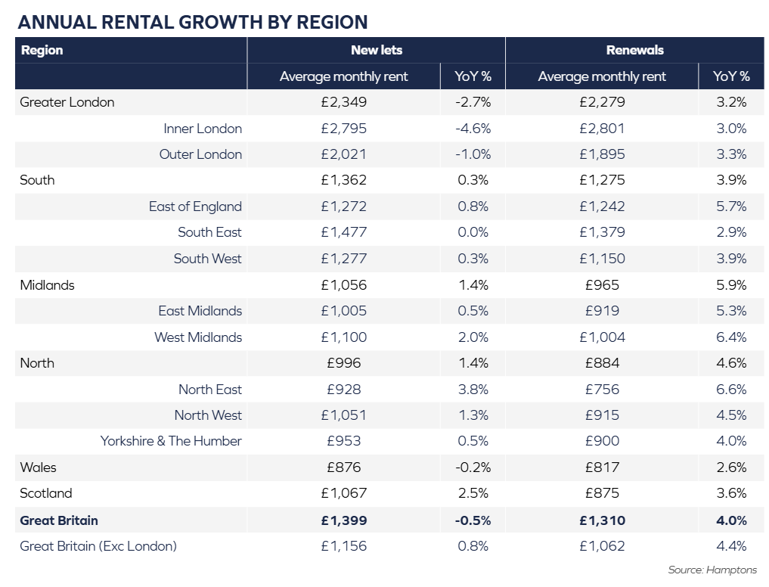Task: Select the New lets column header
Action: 376,50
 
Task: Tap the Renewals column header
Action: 634,50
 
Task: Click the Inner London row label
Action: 203,129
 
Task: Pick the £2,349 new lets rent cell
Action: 343,102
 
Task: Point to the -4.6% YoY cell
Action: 473,129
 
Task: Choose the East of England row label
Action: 195,207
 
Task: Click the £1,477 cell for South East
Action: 343,232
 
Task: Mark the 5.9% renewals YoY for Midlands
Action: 731,285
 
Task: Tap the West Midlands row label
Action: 198,337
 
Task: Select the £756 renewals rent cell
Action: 602,390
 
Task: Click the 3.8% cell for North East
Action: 473,390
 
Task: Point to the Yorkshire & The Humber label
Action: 171,441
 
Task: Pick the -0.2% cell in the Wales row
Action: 473,467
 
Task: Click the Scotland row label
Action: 46,493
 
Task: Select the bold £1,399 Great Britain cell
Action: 343,520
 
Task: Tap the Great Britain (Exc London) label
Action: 98,546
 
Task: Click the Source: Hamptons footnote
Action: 712,570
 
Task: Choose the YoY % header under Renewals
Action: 731,76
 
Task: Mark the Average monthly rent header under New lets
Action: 343,76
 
